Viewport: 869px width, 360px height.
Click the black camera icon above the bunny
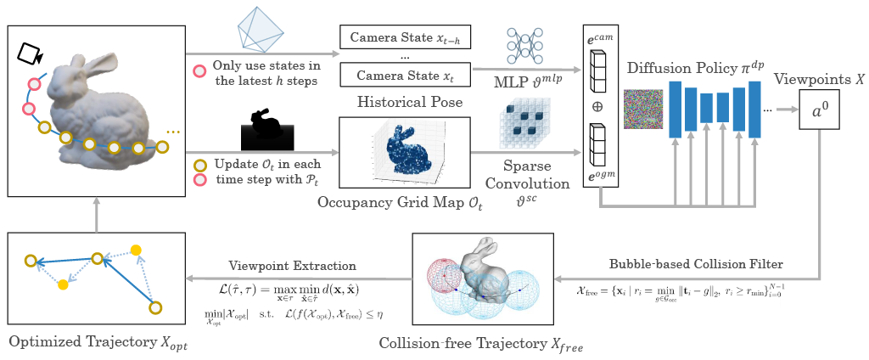click(x=30, y=53)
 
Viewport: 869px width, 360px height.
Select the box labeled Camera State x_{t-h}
click(x=404, y=37)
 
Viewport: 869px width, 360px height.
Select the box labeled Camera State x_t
click(x=404, y=76)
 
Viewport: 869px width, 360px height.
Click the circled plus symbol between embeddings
click(x=597, y=109)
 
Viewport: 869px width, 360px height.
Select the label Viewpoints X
click(x=818, y=78)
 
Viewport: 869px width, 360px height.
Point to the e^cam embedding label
click(x=597, y=40)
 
